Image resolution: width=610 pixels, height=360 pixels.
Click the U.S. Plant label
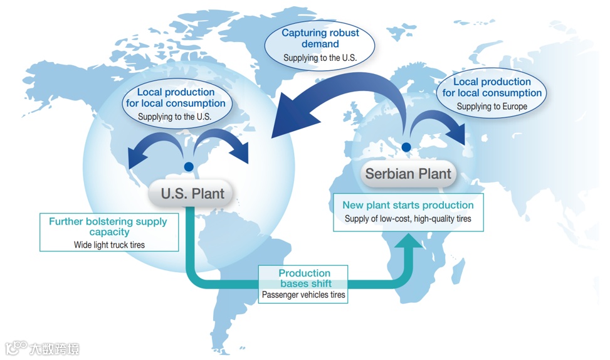point(192,193)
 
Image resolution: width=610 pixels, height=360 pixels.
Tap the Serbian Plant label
point(408,173)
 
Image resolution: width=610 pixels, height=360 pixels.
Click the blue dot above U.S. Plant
point(187,167)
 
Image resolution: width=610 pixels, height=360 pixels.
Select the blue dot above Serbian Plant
point(406,148)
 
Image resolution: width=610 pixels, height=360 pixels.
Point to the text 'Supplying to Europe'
point(492,107)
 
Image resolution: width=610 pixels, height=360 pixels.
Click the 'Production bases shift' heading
point(304,278)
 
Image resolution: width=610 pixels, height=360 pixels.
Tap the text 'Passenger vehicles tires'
point(303,294)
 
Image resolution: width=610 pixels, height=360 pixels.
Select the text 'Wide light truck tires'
point(108,245)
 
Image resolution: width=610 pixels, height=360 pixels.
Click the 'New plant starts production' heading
point(408,205)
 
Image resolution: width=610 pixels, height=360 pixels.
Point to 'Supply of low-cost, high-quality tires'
point(408,219)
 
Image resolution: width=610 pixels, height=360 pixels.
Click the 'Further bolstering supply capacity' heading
point(108,226)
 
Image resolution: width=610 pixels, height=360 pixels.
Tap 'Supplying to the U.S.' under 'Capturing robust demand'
point(320,58)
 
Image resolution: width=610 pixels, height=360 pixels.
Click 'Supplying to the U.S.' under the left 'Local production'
point(174,117)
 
